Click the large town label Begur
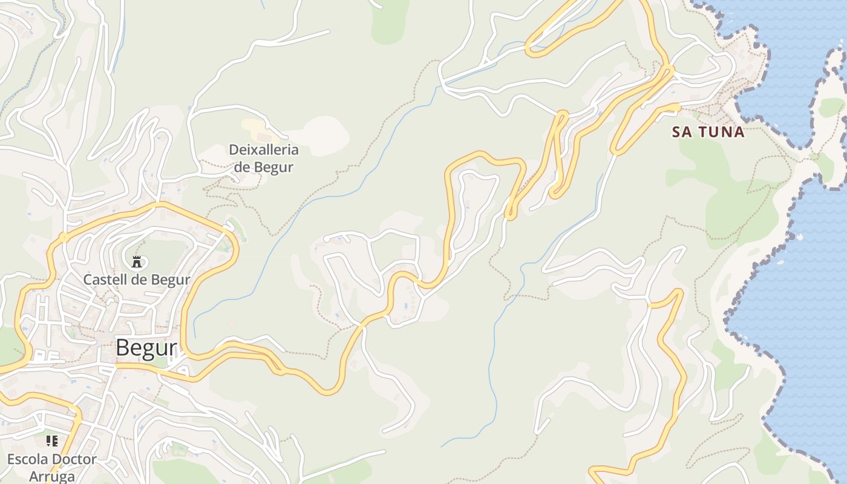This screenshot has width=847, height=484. click(146, 348)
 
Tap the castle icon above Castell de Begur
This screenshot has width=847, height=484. click(137, 262)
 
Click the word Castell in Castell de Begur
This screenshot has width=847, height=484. click(102, 280)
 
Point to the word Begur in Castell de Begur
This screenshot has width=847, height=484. click(172, 280)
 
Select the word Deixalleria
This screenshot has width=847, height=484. click(264, 149)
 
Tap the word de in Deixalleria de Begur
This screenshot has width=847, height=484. click(243, 167)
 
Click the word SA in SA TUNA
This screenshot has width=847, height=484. click(682, 132)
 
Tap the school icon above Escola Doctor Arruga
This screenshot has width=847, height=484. click(52, 441)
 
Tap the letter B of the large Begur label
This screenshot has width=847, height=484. click(122, 348)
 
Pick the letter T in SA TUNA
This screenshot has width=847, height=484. click(703, 132)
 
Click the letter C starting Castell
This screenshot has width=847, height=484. click(88, 280)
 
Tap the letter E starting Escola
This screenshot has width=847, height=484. click(11, 459)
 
